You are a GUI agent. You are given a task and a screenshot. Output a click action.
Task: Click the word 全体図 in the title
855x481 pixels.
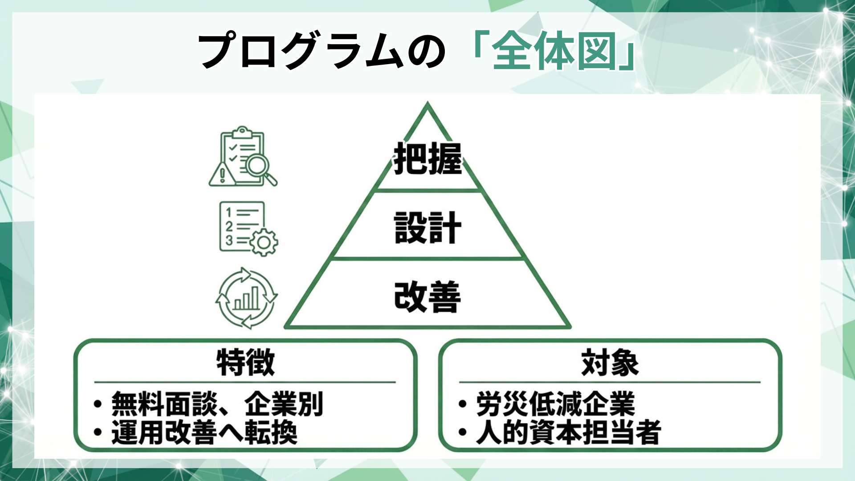tap(554, 51)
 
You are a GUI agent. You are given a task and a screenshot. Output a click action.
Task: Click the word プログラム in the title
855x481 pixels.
tap(303, 50)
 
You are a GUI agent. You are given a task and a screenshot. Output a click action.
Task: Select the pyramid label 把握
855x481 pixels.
tap(427, 159)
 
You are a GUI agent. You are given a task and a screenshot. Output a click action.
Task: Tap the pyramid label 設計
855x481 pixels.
tap(427, 228)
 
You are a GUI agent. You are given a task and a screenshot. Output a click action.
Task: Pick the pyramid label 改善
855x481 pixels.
tap(427, 297)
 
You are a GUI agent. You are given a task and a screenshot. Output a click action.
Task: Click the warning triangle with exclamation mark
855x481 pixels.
tap(222, 175)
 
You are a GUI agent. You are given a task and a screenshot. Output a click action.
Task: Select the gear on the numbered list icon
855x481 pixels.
tap(264, 242)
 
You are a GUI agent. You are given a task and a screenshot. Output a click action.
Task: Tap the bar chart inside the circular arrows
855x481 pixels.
tap(246, 298)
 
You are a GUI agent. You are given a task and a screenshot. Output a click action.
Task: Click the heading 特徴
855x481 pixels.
tap(245, 363)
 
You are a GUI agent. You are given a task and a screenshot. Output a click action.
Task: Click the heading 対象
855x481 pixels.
tap(610, 363)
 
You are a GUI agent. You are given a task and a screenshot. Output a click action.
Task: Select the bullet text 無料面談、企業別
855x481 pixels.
tap(217, 404)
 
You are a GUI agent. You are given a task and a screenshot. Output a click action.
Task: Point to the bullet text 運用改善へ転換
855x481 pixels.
tap(204, 432)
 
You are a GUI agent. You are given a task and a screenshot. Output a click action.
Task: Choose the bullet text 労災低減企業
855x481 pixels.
tap(555, 404)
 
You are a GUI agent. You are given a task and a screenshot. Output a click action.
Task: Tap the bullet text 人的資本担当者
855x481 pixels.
tap(568, 432)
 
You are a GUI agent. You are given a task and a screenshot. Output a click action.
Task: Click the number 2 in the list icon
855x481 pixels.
tap(229, 226)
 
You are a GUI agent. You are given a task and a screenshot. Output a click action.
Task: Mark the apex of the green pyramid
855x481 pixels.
tap(427, 104)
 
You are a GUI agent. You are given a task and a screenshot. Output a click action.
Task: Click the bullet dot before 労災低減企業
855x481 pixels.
tap(463, 404)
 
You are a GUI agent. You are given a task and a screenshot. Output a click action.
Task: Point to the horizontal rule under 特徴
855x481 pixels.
tap(245, 382)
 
